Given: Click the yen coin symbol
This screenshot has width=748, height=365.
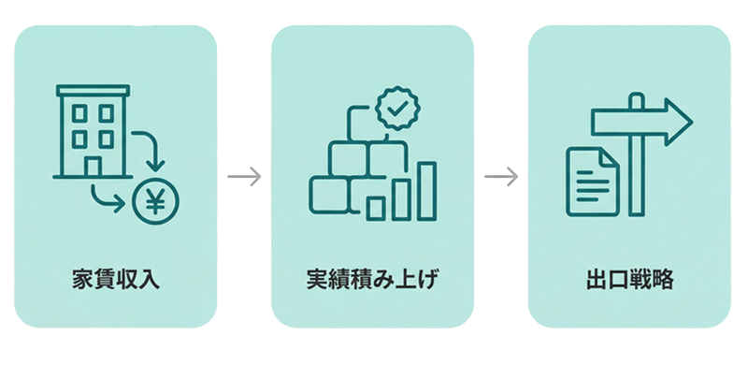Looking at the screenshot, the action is tap(154, 201).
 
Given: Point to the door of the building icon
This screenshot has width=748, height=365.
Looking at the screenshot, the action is tap(93, 166).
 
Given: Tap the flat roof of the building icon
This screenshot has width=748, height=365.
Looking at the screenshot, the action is tap(93, 91).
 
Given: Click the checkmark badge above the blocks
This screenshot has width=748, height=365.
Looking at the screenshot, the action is tap(397, 109).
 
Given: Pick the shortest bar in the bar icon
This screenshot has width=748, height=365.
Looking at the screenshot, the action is tap(376, 207).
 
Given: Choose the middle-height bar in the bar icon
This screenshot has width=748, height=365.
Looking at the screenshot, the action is tap(401, 197).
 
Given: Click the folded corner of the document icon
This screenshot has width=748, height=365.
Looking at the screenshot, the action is tap(611, 155).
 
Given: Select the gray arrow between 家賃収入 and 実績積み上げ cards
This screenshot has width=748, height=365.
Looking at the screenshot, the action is tap(244, 176).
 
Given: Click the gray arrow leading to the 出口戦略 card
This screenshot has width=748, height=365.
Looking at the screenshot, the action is tap(501, 176).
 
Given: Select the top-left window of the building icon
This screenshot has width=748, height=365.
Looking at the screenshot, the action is tap(79, 113).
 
